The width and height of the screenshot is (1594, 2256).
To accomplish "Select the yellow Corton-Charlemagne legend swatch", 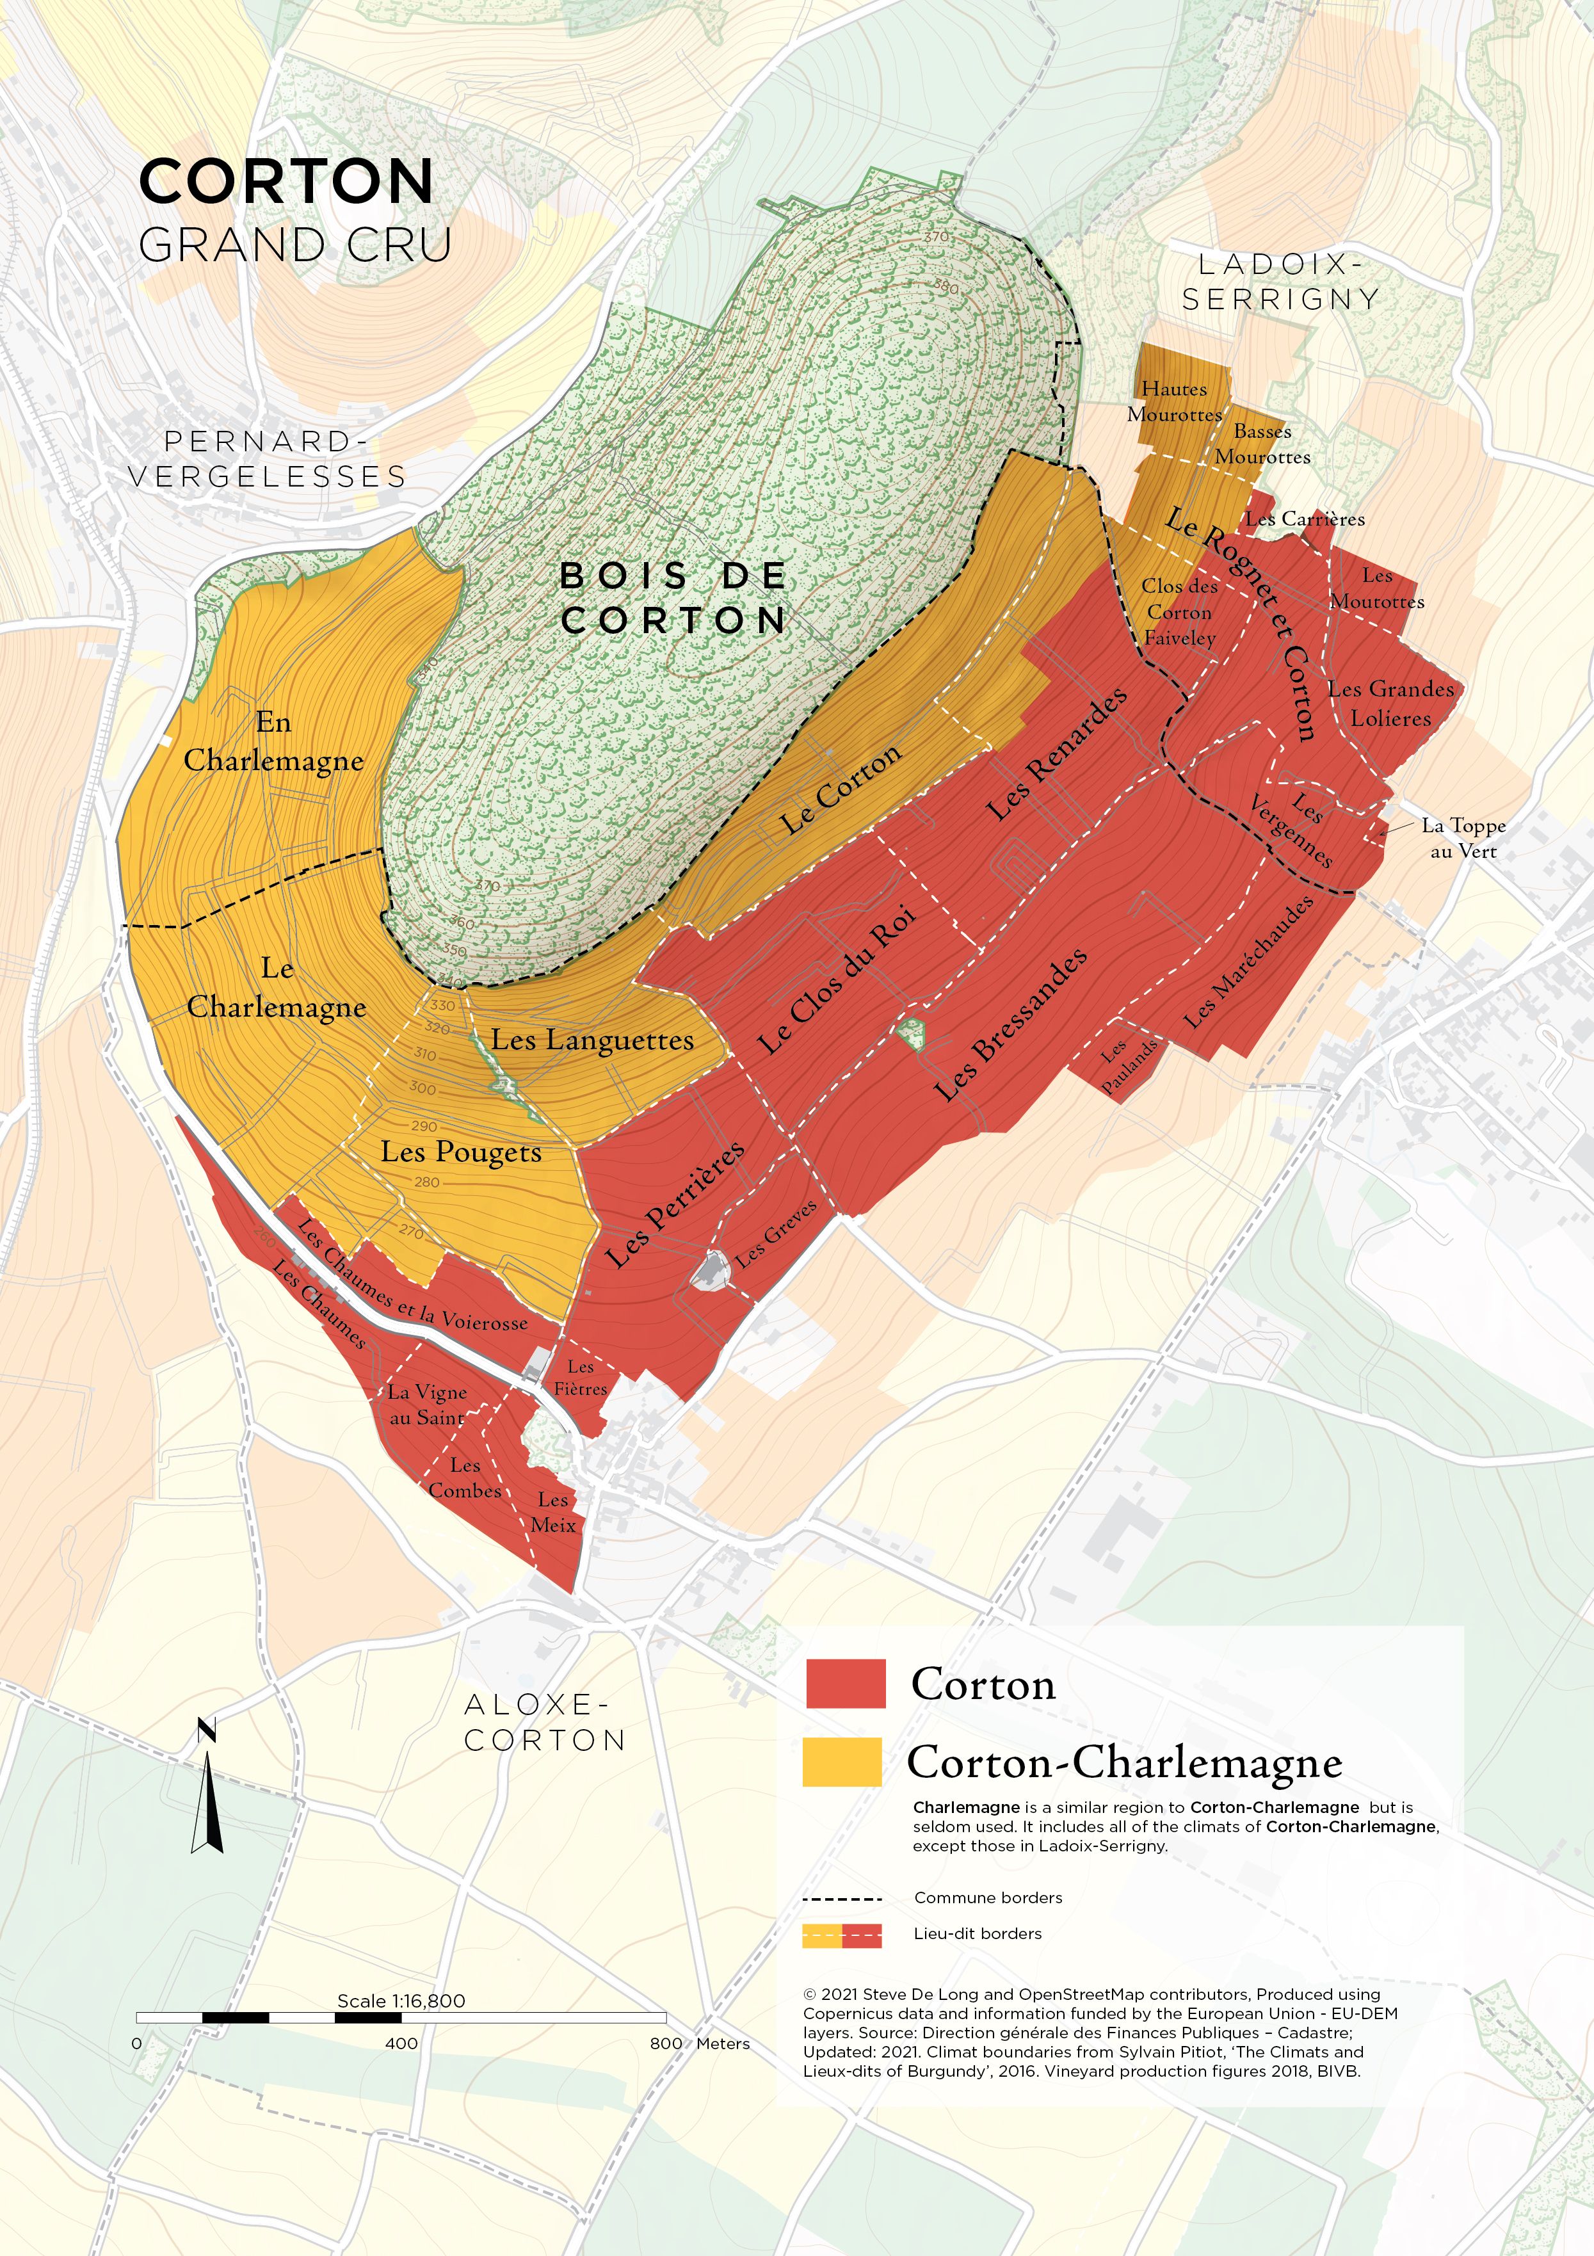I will click(842, 1762).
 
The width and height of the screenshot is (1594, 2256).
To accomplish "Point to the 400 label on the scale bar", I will click(401, 2043).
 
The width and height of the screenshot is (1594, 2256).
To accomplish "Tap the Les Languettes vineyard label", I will click(593, 1040).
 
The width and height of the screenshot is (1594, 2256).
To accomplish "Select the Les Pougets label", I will click(461, 1152).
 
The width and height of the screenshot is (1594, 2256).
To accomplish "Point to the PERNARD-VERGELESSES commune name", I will click(268, 459).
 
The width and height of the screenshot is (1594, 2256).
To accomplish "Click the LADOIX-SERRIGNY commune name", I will click(1280, 281).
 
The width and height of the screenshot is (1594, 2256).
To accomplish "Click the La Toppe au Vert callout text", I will click(1463, 838).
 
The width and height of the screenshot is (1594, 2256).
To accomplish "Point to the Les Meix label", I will click(553, 1512).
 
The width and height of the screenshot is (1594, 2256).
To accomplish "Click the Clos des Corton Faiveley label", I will click(1179, 611).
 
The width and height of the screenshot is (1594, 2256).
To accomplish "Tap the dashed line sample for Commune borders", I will click(842, 1898).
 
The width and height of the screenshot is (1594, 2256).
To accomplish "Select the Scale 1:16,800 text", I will click(401, 2001).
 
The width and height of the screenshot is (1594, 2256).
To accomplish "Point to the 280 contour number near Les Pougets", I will click(426, 1182).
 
